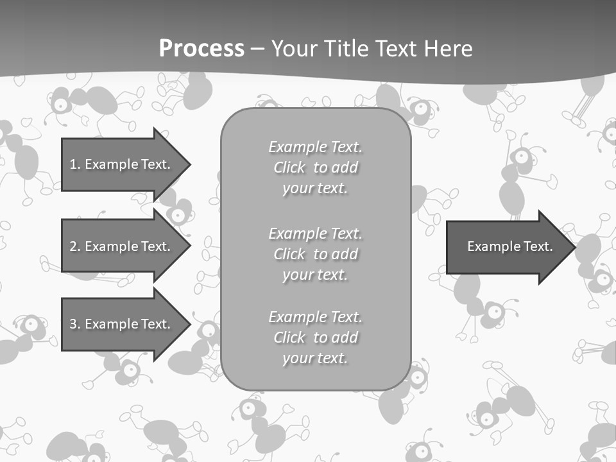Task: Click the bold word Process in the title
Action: [x=201, y=49]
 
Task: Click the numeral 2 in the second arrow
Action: [x=73, y=246]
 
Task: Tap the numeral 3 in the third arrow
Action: [x=73, y=324]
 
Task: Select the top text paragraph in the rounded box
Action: [x=315, y=167]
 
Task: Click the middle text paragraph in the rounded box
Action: [x=315, y=254]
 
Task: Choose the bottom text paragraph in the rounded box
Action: [x=315, y=338]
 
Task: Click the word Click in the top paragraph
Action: [x=289, y=167]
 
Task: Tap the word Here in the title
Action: [x=449, y=49]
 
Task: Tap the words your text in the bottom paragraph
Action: [x=315, y=358]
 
